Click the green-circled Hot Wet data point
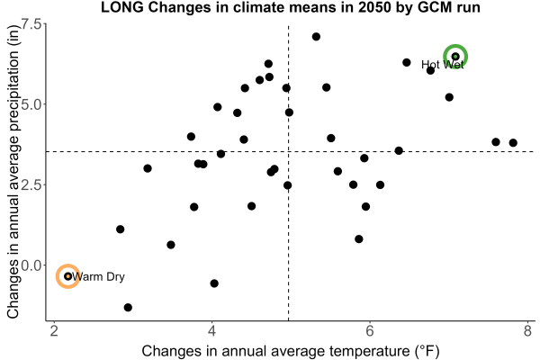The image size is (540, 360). (455, 57)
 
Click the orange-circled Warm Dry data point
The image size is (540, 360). (67, 276)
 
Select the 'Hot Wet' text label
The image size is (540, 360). (443, 65)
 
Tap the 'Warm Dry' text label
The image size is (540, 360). (98, 276)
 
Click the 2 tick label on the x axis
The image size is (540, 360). (54, 331)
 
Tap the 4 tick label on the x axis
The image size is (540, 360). (211, 331)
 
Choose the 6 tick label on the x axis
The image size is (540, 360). (370, 331)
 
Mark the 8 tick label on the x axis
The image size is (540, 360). (528, 331)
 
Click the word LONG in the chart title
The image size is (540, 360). (122, 7)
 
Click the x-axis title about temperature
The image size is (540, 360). (291, 351)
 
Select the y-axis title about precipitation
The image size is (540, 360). (13, 171)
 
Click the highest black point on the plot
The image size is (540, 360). (316, 37)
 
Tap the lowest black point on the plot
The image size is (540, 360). (128, 307)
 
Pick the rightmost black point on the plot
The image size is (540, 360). (513, 142)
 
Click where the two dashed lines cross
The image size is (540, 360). (288, 151)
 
